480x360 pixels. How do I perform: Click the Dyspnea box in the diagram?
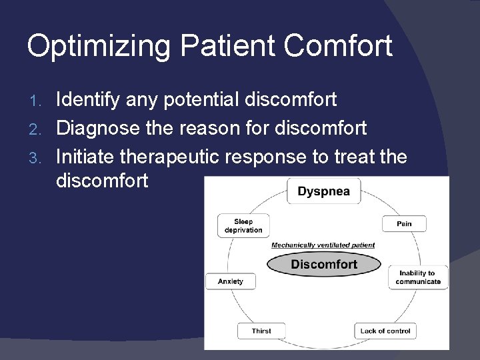coord(323,192)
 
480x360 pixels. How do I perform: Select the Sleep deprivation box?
coord(243,226)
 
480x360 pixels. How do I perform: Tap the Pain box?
coord(404,224)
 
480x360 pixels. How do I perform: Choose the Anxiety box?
coord(231,281)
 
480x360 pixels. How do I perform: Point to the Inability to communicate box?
coord(419,277)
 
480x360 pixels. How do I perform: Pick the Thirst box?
coord(261,331)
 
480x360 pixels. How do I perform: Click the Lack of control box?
coord(385,331)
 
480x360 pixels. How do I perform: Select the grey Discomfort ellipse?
coord(323,265)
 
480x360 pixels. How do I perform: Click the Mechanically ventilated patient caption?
coord(323,245)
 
